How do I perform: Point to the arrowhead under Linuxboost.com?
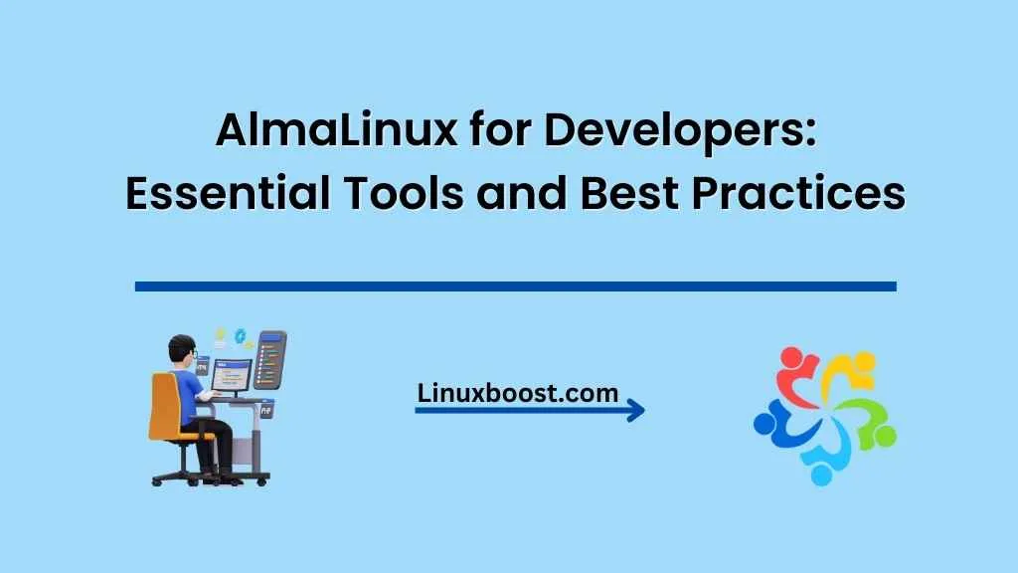tap(634, 410)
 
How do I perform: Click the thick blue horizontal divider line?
tap(515, 286)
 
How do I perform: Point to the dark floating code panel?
tap(269, 360)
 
